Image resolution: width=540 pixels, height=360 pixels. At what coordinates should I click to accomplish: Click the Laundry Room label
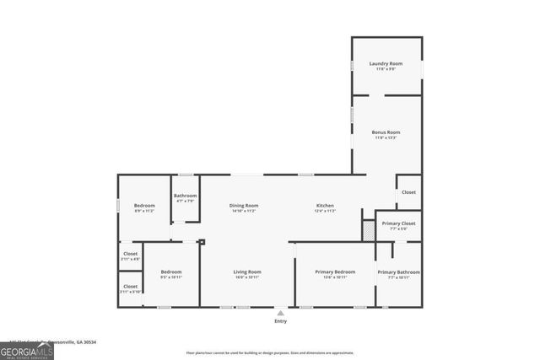tap(386, 64)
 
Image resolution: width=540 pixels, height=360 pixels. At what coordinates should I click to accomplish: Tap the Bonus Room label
tap(386, 132)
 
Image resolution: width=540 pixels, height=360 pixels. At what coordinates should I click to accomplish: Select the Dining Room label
tap(243, 206)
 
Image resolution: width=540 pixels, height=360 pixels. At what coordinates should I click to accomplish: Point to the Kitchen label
tap(326, 206)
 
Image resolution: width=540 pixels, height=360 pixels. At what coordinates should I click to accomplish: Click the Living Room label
tap(247, 272)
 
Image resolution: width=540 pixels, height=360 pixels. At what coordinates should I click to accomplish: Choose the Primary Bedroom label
tap(335, 272)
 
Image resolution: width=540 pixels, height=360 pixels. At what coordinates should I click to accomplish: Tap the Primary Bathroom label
tap(398, 272)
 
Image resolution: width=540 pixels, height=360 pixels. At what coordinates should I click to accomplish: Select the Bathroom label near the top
tap(186, 196)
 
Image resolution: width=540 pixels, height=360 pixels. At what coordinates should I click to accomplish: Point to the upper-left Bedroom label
tap(145, 206)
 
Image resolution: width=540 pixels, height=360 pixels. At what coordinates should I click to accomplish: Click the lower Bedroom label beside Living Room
tap(171, 272)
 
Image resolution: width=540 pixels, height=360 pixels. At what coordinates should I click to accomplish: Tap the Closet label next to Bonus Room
tap(408, 192)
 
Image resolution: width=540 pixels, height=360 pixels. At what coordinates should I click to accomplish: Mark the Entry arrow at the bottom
tap(280, 313)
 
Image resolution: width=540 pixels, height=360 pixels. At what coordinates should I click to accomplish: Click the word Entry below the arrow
tap(280, 321)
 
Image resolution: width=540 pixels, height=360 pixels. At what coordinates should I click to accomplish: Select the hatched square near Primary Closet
tap(368, 230)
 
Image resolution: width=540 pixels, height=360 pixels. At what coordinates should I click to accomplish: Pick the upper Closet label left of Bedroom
tap(131, 254)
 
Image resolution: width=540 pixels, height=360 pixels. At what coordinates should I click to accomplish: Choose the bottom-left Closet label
tap(131, 287)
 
